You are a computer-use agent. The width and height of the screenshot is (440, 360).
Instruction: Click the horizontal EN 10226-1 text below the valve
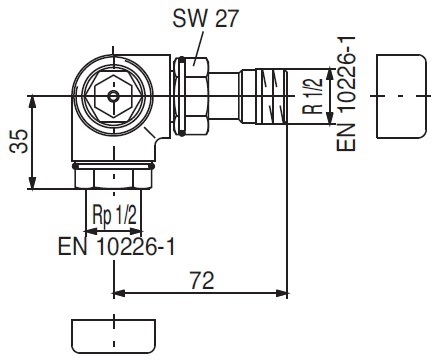[118, 244]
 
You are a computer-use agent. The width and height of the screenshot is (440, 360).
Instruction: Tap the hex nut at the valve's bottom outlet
[113, 178]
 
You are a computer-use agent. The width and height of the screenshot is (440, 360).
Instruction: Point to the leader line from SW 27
[196, 45]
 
